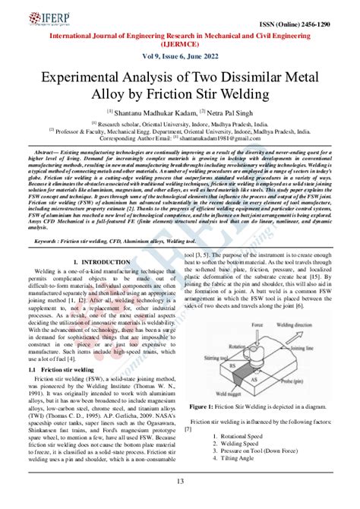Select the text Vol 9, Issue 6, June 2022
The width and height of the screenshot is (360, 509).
[x=180, y=58]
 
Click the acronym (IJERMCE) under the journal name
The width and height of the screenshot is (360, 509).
[x=180, y=45]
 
